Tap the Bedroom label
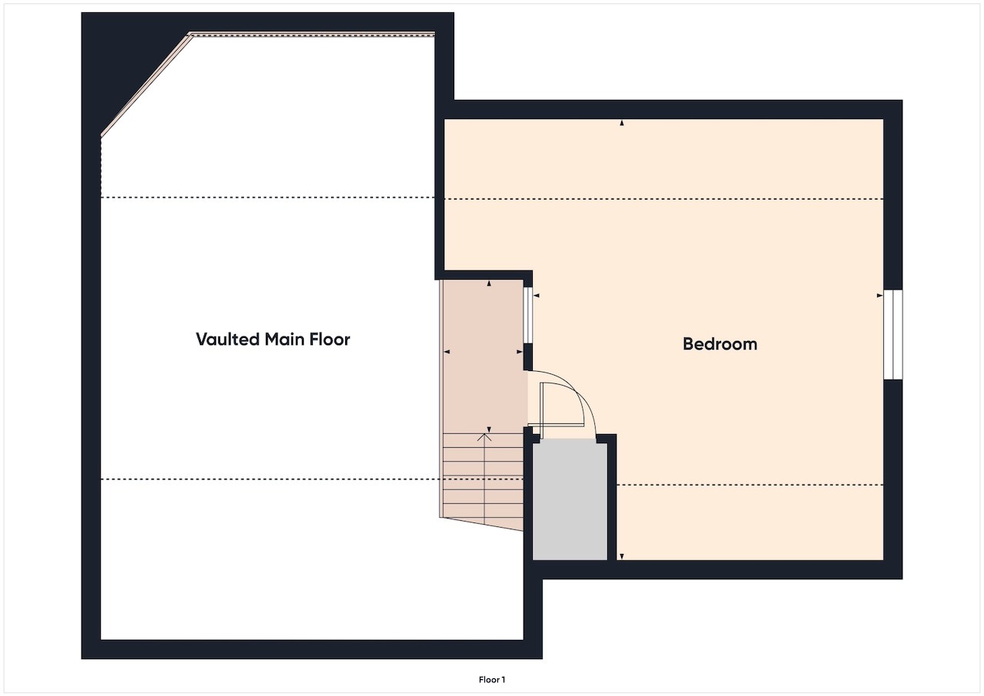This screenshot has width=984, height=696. click(720, 344)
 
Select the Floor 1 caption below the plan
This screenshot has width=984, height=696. click(492, 679)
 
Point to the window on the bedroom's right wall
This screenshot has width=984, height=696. click(893, 334)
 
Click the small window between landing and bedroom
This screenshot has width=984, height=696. click(528, 315)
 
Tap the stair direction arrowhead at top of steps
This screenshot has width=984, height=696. click(484, 436)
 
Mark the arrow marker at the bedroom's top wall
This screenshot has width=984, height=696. click(622, 123)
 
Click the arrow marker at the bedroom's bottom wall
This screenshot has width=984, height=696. click(622, 556)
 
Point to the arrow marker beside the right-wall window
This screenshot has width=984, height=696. click(879, 295)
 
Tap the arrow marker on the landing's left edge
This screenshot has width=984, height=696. click(447, 352)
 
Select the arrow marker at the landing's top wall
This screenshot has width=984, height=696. click(490, 284)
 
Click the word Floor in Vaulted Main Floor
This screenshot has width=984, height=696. click(331, 339)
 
